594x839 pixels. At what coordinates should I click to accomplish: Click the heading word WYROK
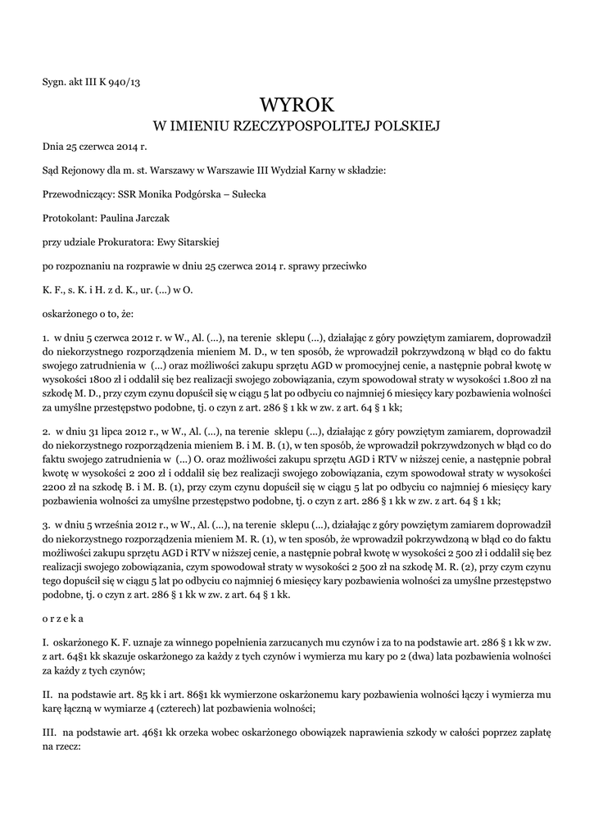click(297, 104)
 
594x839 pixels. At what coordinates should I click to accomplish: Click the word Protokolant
click(69, 218)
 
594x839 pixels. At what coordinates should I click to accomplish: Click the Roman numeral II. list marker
click(48, 694)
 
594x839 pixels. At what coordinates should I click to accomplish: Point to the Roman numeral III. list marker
click(49, 730)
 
